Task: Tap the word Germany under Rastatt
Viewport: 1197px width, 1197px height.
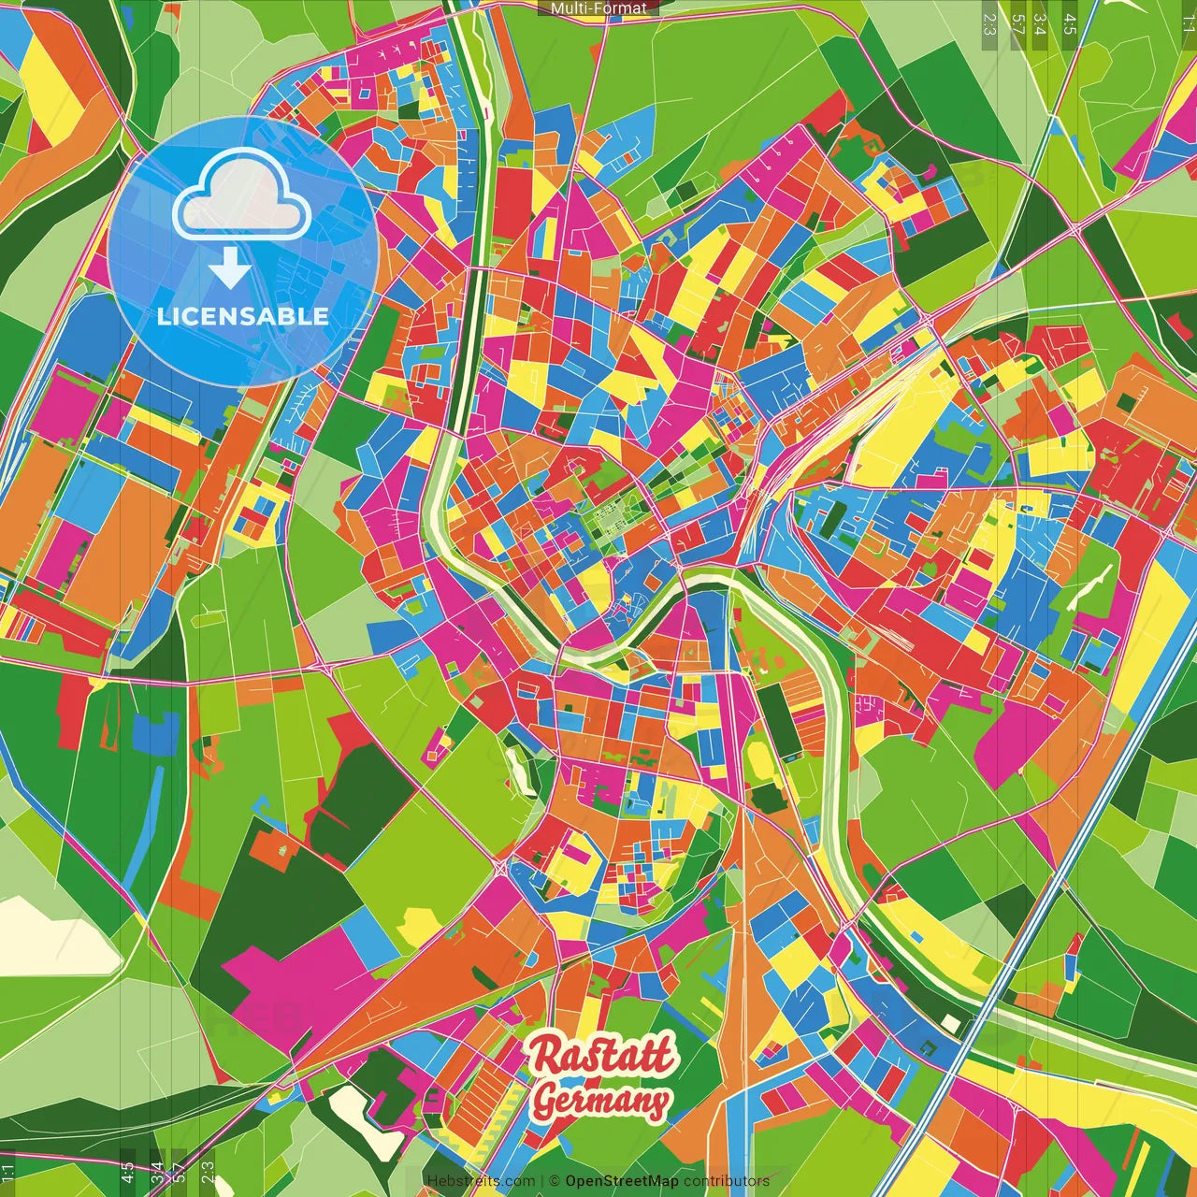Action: click(x=600, y=1102)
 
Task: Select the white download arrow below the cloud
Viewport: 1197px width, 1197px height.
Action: click(x=230, y=267)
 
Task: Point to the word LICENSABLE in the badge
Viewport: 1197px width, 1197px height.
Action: click(x=243, y=316)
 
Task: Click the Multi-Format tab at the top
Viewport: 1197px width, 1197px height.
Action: click(x=598, y=8)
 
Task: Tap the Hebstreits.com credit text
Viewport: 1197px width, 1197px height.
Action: click(x=481, y=1181)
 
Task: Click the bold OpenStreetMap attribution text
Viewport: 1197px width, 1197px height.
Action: click(x=622, y=1181)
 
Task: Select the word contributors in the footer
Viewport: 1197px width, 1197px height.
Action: click(x=727, y=1181)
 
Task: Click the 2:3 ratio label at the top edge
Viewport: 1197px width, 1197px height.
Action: click(x=989, y=23)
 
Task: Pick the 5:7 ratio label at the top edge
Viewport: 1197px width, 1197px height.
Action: click(x=1017, y=23)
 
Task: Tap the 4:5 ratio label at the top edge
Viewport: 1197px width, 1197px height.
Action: click(x=1070, y=23)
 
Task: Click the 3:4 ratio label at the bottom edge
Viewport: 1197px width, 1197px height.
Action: click(x=156, y=1172)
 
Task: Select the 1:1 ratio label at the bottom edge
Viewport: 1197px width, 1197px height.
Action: click(x=8, y=1172)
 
